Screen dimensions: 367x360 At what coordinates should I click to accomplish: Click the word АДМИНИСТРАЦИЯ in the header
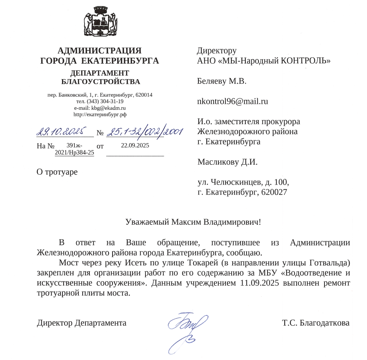coord(99,51)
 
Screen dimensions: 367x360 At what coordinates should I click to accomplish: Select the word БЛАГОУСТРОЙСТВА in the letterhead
coord(101,82)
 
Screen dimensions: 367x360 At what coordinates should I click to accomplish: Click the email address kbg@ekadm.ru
coord(108,108)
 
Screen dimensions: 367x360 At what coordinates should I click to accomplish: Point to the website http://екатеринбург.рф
coord(100,114)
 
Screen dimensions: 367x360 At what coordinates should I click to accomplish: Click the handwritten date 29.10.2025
coord(63,132)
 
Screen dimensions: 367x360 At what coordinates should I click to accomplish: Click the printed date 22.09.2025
coord(135,146)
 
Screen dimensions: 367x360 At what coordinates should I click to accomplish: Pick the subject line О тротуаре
coord(57,172)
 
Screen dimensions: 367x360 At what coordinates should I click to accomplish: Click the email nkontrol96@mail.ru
coord(233,101)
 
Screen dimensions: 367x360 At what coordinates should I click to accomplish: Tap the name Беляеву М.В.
coord(222,82)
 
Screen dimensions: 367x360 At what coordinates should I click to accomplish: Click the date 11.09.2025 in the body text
coord(260,283)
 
